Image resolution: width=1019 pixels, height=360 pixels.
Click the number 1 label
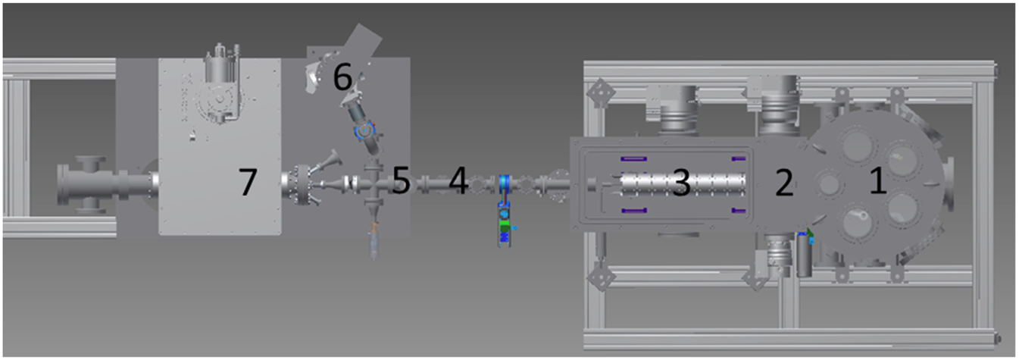(x=878, y=181)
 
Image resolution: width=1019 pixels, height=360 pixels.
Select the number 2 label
(x=784, y=183)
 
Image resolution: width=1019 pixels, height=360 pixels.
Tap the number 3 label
(x=681, y=183)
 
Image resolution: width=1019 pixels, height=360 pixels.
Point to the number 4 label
(x=458, y=181)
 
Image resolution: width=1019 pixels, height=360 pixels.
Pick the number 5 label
(x=402, y=181)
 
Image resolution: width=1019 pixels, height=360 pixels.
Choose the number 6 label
(x=342, y=77)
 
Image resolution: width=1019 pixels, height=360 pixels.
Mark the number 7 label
(x=248, y=182)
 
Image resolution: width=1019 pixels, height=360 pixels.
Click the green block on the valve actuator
(x=505, y=226)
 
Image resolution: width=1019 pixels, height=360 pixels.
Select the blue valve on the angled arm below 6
(x=364, y=131)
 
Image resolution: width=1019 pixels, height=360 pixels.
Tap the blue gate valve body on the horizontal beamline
(x=505, y=183)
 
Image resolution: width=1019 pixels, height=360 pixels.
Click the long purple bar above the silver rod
(x=633, y=158)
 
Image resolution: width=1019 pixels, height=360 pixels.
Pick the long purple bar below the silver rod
(x=633, y=210)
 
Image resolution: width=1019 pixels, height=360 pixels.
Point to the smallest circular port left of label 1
(x=828, y=183)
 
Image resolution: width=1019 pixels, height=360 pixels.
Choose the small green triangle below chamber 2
(x=809, y=232)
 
